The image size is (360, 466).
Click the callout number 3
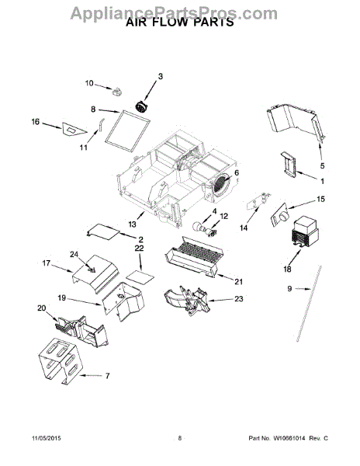tap(161, 77)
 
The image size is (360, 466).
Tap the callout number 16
tap(36, 122)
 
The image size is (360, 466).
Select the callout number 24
tap(74, 255)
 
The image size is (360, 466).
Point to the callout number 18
tap(287, 270)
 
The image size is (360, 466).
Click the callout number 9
tap(289, 288)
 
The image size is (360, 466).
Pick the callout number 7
tap(107, 376)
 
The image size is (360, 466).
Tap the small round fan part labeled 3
tap(141, 106)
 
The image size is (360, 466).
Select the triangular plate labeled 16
tap(73, 130)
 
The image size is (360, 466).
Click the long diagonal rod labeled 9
tap(309, 304)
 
